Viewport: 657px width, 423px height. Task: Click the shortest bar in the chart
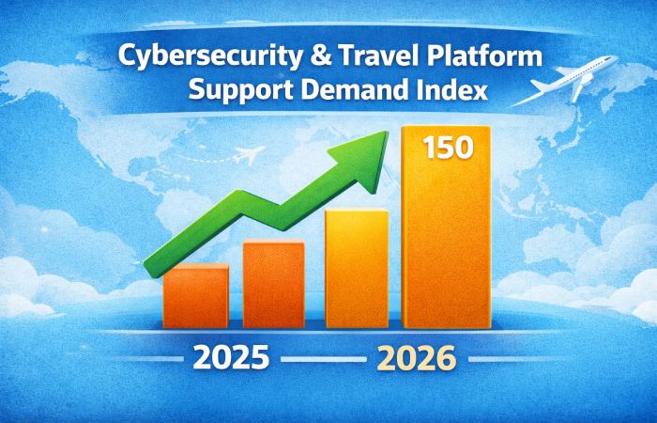tap(195, 296)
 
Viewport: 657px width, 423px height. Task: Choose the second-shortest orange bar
tap(273, 285)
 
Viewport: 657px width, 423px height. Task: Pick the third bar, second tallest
tap(357, 269)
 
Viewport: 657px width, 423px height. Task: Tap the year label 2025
tap(231, 358)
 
